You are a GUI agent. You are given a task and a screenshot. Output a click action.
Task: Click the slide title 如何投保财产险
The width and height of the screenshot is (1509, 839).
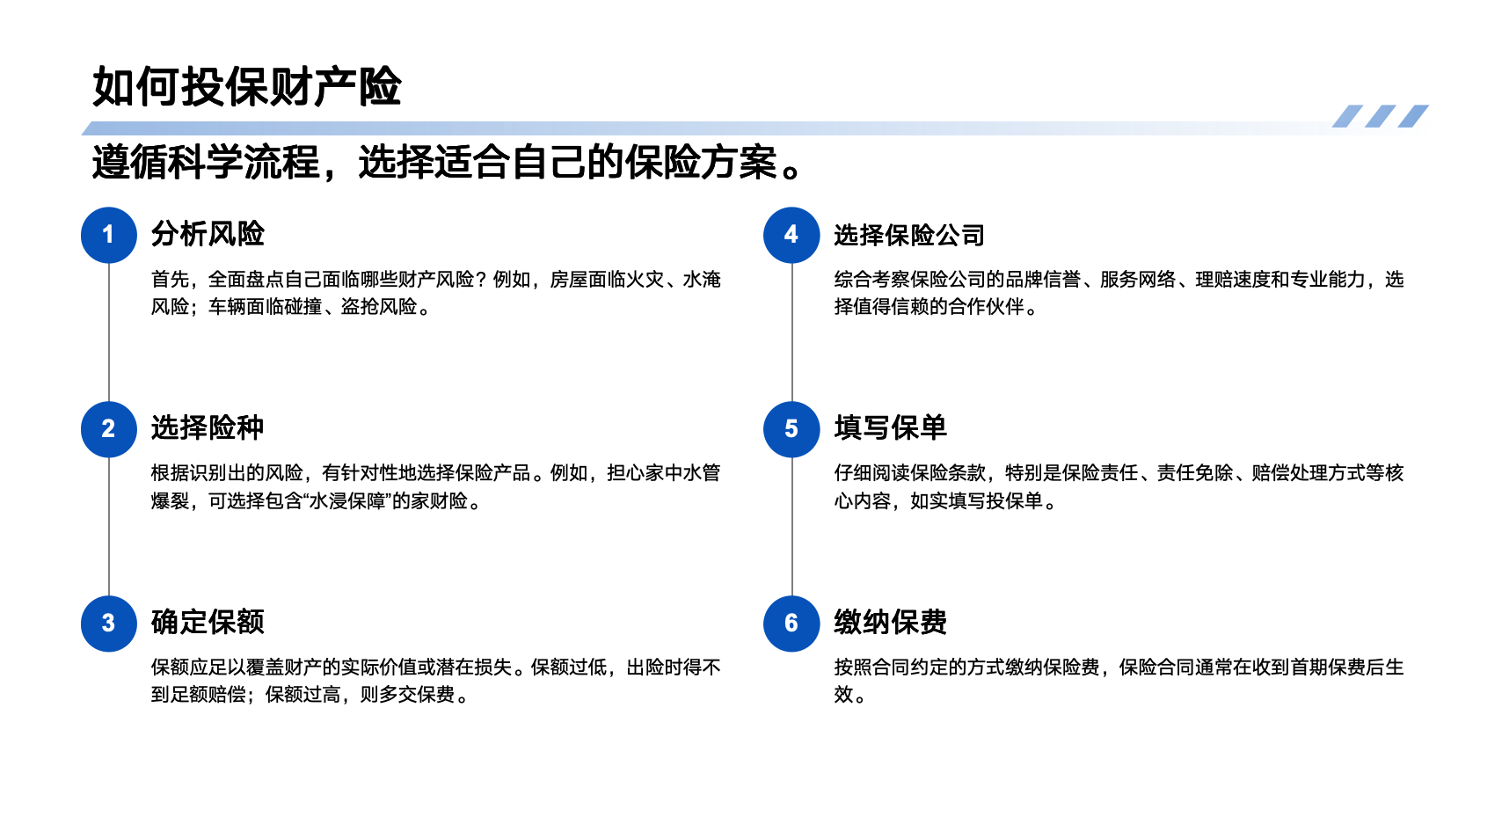pyautogui.click(x=247, y=87)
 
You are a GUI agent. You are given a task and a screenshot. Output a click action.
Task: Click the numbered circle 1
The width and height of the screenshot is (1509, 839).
pyautogui.click(x=109, y=235)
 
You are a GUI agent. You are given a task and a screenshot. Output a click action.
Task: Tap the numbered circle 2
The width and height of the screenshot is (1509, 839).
pyautogui.click(x=109, y=429)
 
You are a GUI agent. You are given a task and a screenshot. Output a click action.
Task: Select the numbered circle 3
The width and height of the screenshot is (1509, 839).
pyautogui.click(x=109, y=624)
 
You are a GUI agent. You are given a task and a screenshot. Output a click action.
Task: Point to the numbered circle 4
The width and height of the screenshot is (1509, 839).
pyautogui.click(x=791, y=235)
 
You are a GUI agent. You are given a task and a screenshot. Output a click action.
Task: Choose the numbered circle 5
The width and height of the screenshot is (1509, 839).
pyautogui.click(x=791, y=429)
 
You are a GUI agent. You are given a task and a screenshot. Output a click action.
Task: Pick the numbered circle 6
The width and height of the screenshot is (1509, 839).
pyautogui.click(x=791, y=624)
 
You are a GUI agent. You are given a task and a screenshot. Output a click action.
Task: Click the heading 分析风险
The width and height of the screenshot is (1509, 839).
pyautogui.click(x=208, y=234)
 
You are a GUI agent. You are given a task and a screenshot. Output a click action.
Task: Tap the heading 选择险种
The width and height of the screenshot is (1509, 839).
pyautogui.click(x=208, y=428)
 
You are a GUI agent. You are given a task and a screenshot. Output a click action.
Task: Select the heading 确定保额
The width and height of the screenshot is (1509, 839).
pyautogui.click(x=208, y=623)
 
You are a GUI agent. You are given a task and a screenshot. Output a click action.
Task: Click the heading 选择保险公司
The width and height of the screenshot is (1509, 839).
pyautogui.click(x=909, y=235)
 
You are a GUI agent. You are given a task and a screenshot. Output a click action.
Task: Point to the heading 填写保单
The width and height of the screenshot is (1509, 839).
pyautogui.click(x=891, y=428)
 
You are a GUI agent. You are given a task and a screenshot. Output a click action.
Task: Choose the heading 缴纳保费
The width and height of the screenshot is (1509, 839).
pyautogui.click(x=891, y=623)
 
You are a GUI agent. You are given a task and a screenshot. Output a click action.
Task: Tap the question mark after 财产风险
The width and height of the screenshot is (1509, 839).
pyautogui.click(x=481, y=280)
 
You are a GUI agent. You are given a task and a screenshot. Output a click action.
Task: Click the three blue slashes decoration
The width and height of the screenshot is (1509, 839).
pyautogui.click(x=1380, y=116)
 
